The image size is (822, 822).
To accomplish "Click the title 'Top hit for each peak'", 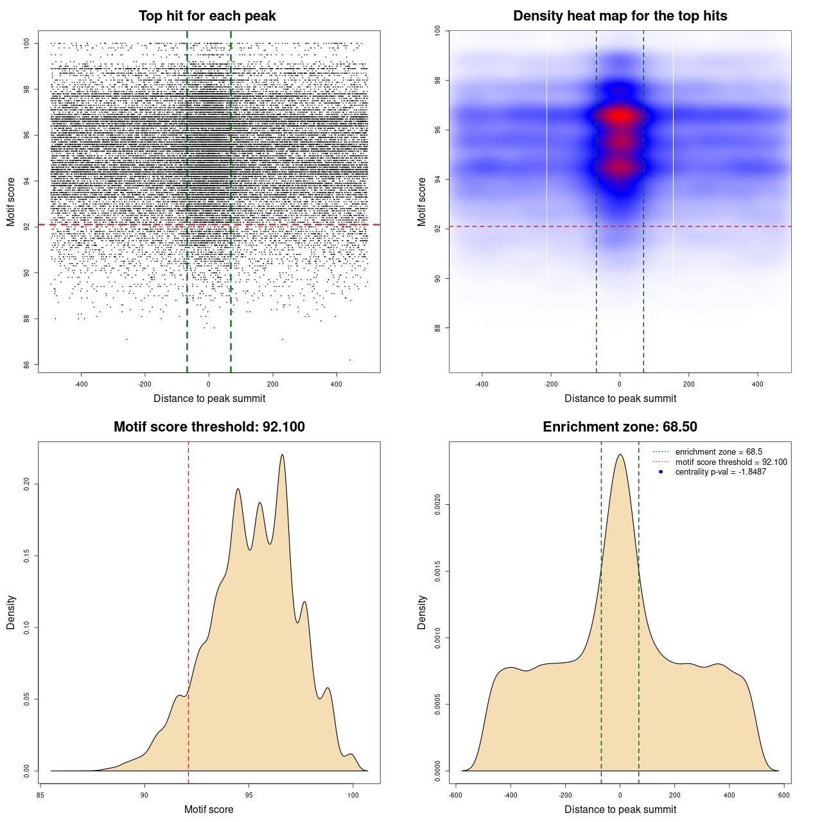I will coord(207,16).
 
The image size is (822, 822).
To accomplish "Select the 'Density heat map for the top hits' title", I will coord(620,16).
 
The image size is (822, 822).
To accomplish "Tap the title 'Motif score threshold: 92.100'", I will coord(209,427).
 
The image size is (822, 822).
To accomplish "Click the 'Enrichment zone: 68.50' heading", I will coord(620,427).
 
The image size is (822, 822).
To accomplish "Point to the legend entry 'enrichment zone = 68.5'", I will coord(719,452).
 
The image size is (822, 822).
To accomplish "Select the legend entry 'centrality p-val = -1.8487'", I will coord(721,472).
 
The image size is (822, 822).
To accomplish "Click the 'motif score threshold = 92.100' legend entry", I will coord(731,462).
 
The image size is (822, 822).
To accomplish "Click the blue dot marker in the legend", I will coord(661,472).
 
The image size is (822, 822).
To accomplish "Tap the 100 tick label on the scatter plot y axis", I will coord(27,43).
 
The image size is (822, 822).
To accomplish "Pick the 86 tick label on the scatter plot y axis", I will coord(27,365).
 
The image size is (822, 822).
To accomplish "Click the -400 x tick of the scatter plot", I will coord(81,385).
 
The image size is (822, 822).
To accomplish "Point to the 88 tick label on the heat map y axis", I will coord(438,328).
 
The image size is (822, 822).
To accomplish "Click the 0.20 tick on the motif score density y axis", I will coord(27,484).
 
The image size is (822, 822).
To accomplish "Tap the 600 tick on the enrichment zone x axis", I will coord(784,795).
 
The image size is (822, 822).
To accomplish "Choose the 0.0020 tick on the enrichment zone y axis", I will coord(438,505).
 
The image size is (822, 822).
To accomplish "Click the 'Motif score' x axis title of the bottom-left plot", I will coord(209,809).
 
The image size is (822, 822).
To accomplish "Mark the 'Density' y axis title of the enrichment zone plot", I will coord(422,612).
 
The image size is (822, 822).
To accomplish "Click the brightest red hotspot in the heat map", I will coord(620,116).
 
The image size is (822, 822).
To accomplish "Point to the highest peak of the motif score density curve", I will coord(282,455).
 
